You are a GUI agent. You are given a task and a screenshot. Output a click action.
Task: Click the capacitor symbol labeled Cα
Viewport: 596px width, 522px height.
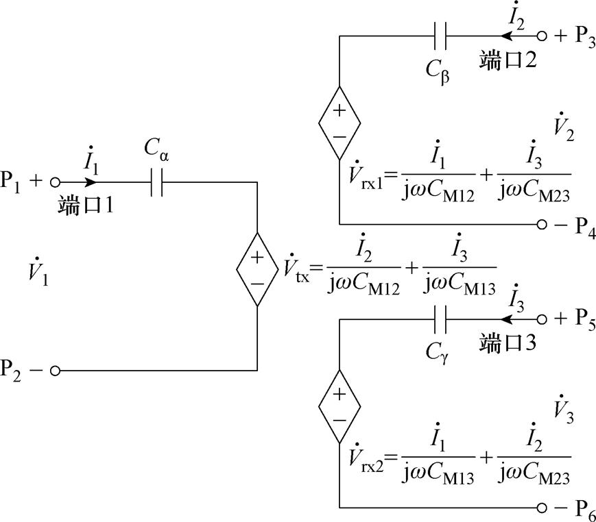point(156,183)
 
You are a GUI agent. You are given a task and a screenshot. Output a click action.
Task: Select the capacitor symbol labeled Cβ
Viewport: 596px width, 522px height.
point(440,36)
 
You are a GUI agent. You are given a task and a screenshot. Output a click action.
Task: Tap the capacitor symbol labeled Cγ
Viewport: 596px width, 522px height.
point(440,319)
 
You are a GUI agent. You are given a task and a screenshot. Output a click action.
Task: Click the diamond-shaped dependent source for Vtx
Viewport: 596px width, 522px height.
point(257,269)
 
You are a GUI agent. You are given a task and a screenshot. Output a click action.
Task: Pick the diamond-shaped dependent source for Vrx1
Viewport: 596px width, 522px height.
point(339,123)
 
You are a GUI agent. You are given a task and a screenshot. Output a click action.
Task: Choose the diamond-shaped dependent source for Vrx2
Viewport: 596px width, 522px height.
point(339,406)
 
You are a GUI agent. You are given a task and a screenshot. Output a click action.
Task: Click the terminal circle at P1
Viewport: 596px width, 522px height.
point(56,183)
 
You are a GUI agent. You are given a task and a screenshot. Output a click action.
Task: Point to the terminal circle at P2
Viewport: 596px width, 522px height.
point(56,371)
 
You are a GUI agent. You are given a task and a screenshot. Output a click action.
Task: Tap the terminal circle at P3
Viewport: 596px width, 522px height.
point(542,36)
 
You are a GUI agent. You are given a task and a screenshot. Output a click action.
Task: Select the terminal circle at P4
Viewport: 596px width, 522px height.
point(542,224)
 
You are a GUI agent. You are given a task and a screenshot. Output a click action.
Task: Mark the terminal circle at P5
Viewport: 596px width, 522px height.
point(542,319)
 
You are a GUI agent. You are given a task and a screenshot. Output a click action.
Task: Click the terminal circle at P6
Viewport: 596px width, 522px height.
point(542,508)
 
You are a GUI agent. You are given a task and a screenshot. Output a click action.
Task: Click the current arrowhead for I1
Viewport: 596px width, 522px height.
point(91,183)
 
